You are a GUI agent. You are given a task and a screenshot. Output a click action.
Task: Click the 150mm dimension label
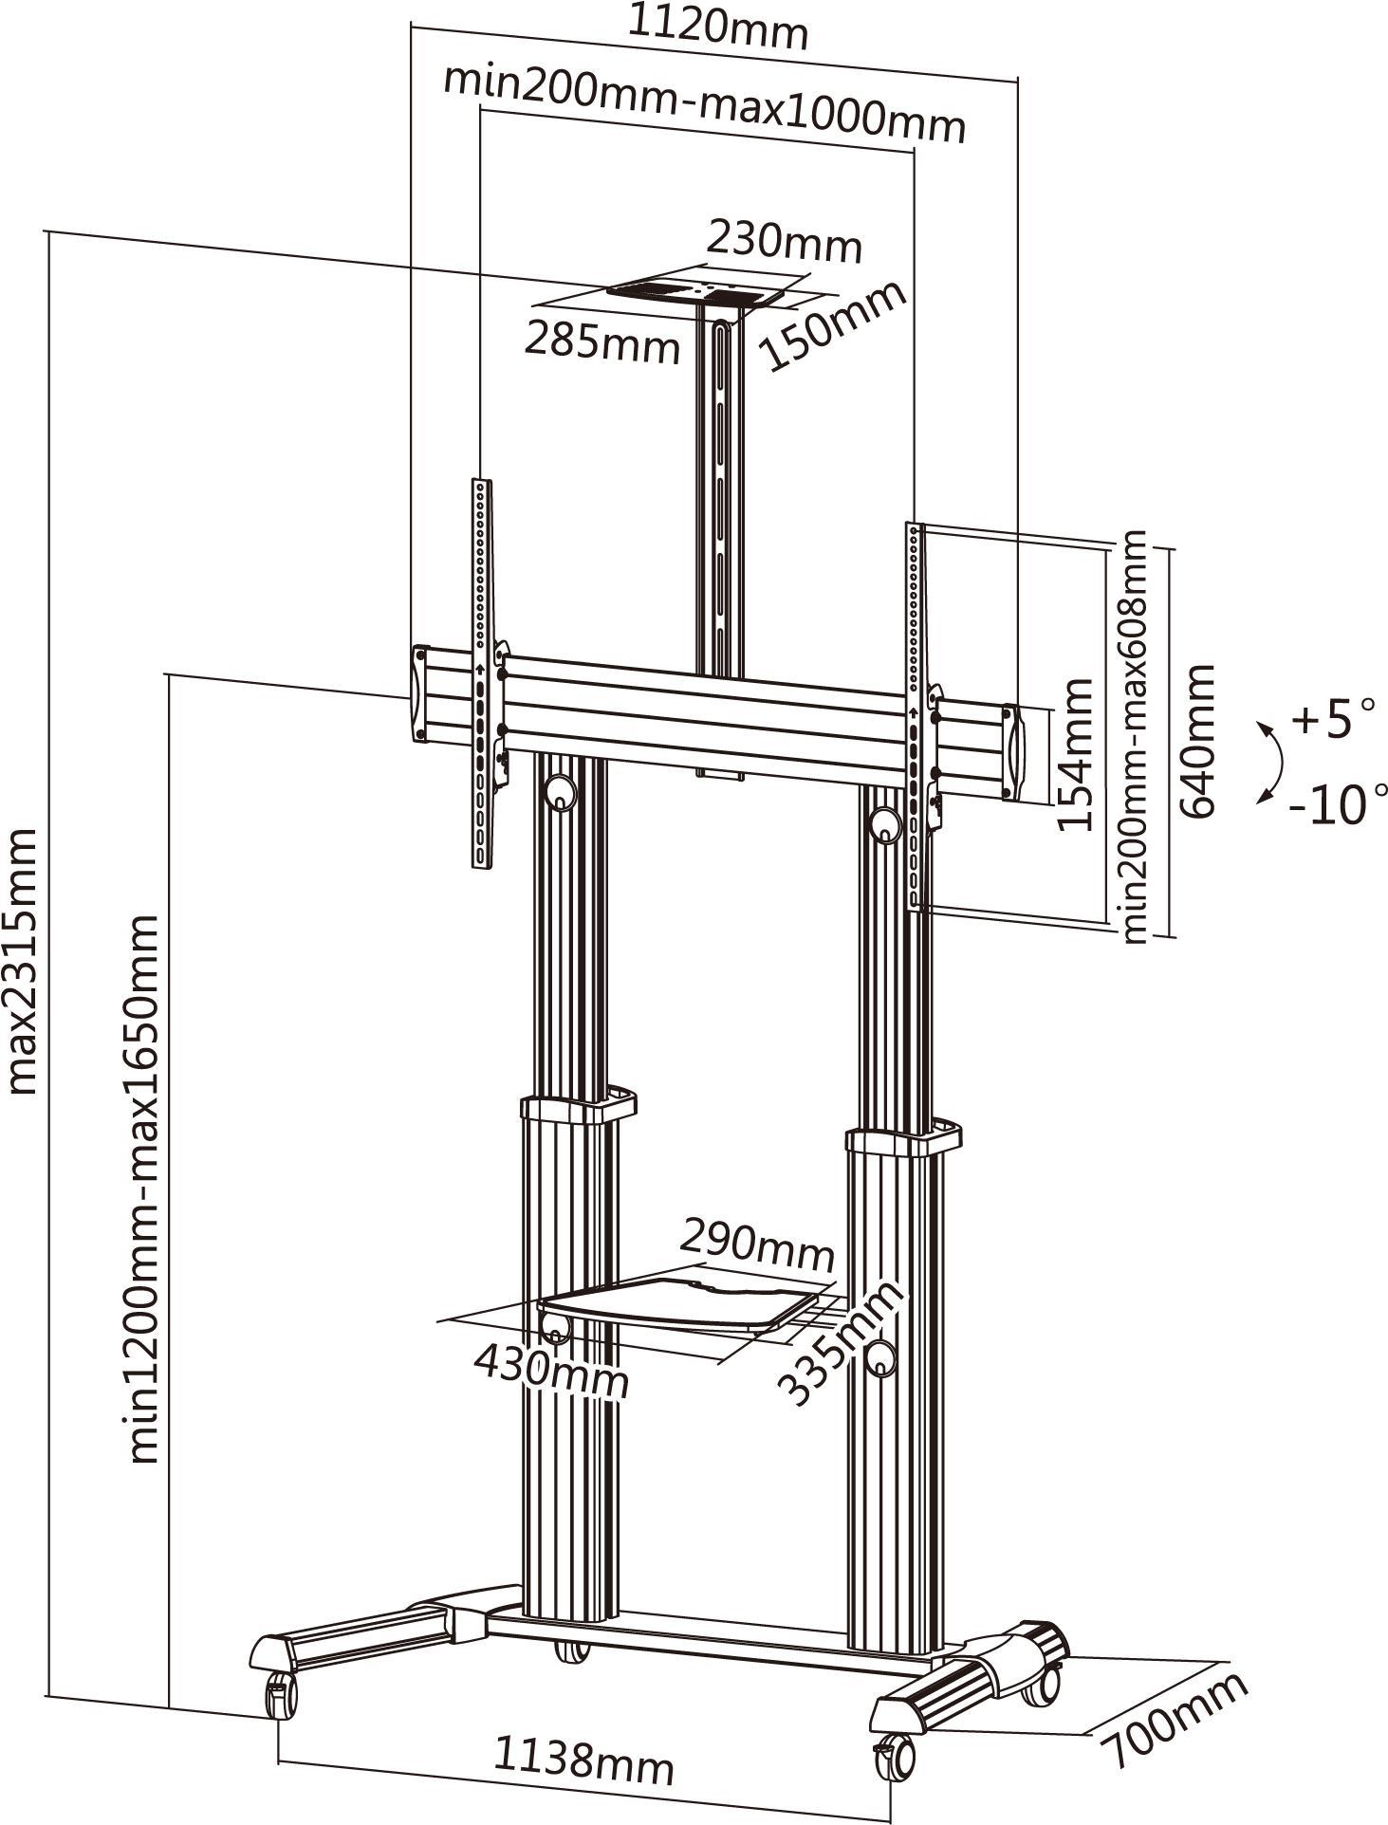pos(833,325)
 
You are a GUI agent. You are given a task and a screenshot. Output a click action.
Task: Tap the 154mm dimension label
pos(1076,754)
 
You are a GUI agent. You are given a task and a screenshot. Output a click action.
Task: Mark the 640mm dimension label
pos(1197,742)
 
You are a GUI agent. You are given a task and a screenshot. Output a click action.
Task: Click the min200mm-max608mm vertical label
pos(1136,737)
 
